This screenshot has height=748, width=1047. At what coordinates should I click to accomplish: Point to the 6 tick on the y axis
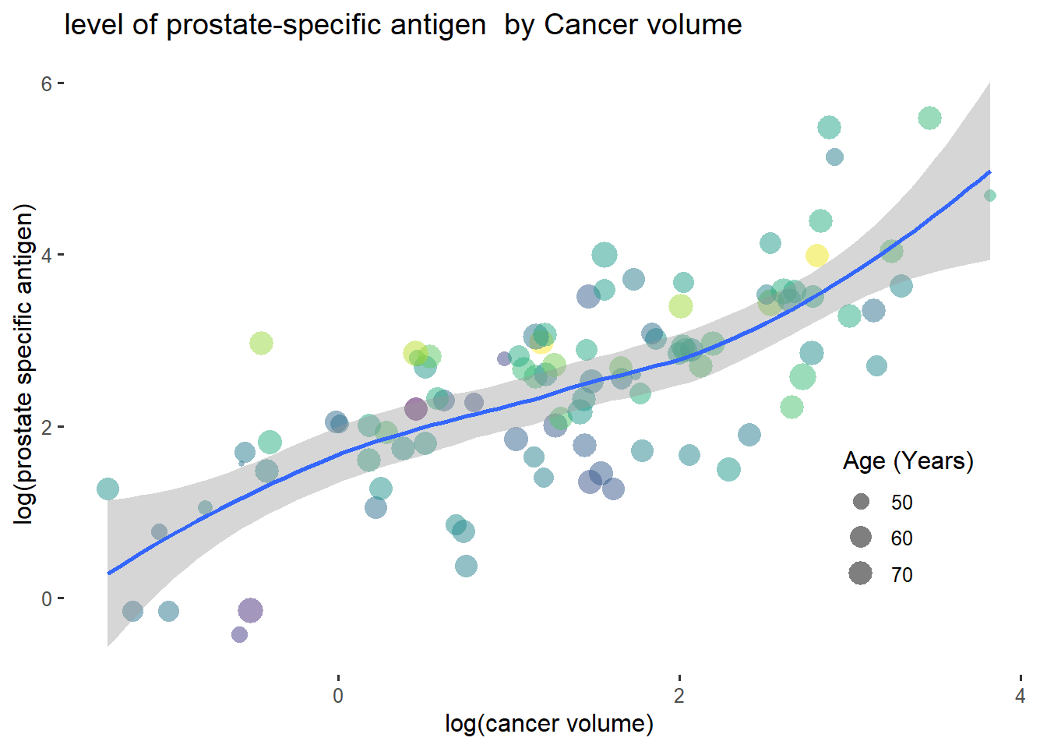tap(47, 83)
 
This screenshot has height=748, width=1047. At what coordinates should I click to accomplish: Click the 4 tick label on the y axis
tap(47, 255)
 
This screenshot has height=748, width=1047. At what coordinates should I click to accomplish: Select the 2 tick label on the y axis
tap(47, 427)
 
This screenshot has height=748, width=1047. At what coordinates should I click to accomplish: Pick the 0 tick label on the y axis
tap(47, 598)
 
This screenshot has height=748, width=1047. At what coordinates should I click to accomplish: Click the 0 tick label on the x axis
tap(338, 696)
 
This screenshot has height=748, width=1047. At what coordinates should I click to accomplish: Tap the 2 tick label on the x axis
tap(679, 696)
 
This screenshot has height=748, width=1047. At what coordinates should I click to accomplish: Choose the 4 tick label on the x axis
tap(1020, 696)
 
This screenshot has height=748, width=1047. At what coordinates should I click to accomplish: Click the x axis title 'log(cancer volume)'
tap(549, 723)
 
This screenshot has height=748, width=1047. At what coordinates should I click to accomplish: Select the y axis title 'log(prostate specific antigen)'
tap(25, 364)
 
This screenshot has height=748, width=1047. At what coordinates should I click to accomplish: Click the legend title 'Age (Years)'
tap(908, 461)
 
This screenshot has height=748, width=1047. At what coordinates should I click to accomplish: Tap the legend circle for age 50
tap(861, 502)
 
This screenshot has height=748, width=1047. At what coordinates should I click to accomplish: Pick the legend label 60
tap(901, 538)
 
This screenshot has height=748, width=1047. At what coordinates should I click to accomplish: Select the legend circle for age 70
tap(861, 574)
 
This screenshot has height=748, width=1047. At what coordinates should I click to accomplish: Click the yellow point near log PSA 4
tap(816, 256)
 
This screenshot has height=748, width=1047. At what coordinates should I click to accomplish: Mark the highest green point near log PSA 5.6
tap(929, 118)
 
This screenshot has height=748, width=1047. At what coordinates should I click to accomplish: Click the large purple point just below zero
tap(250, 610)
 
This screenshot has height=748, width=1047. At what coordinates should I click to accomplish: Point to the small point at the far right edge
tap(989, 196)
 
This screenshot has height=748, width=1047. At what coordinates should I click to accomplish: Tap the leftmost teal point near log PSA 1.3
tap(108, 489)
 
